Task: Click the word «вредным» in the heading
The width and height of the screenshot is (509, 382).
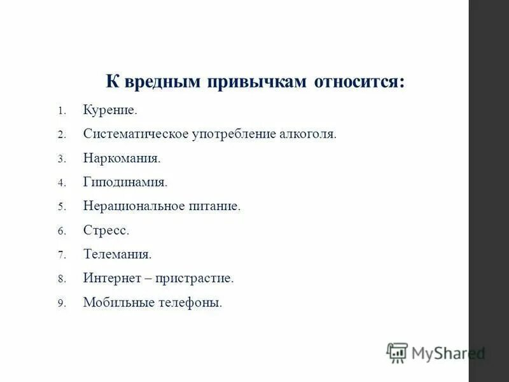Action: click(160, 83)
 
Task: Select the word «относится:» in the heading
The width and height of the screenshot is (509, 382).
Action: click(359, 83)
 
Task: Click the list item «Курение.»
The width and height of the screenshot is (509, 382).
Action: click(110, 111)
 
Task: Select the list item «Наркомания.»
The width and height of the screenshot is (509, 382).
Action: click(122, 159)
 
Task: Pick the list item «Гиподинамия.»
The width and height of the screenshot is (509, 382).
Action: click(125, 183)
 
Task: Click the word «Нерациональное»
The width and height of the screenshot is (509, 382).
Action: click(134, 206)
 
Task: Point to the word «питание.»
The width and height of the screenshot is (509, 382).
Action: click(215, 206)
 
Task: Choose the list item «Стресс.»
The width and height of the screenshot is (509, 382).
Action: click(106, 230)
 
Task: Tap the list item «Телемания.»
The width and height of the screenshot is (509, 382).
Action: click(118, 255)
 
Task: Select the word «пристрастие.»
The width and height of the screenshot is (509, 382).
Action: click(198, 278)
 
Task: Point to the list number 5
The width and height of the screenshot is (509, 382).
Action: click(61, 207)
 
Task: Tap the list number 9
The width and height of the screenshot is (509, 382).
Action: click(61, 303)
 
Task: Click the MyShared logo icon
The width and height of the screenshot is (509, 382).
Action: click(397, 353)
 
